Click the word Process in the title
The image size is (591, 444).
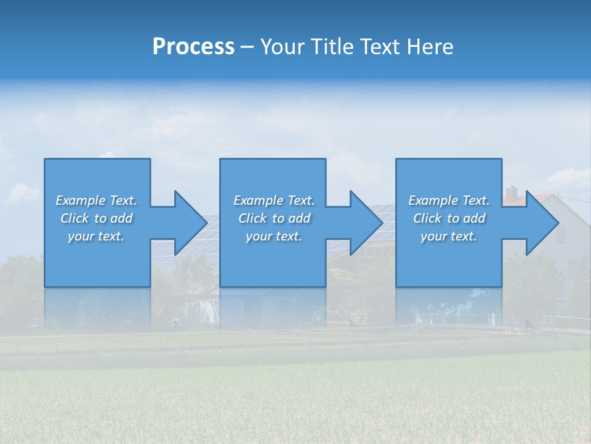point(193,47)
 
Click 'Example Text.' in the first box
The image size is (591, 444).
point(96,200)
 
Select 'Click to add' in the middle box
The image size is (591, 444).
point(274,218)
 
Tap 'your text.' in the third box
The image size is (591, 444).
point(448,236)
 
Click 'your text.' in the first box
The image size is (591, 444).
point(96,236)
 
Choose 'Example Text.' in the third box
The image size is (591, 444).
point(448,200)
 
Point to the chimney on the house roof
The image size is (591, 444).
point(512,193)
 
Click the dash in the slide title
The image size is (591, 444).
point(247,47)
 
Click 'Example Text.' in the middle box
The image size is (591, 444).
point(274,200)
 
